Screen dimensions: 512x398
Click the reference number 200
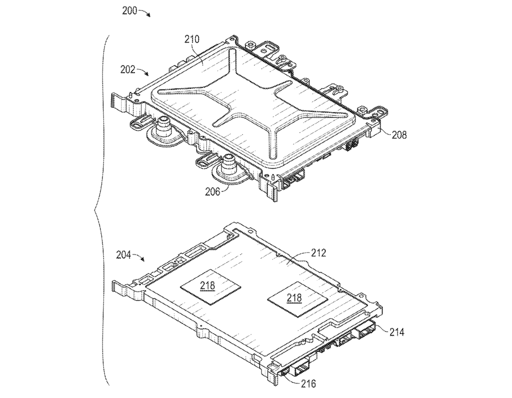(130, 10)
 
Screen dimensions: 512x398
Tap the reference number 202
(127, 69)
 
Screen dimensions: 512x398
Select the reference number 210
(191, 40)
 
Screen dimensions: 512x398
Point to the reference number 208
(398, 134)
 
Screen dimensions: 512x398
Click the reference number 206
(213, 191)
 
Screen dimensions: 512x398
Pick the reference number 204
(124, 254)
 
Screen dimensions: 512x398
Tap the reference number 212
(318, 252)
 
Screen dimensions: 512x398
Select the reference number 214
(396, 332)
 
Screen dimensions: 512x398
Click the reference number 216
(308, 383)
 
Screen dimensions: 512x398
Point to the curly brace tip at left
(95, 210)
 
